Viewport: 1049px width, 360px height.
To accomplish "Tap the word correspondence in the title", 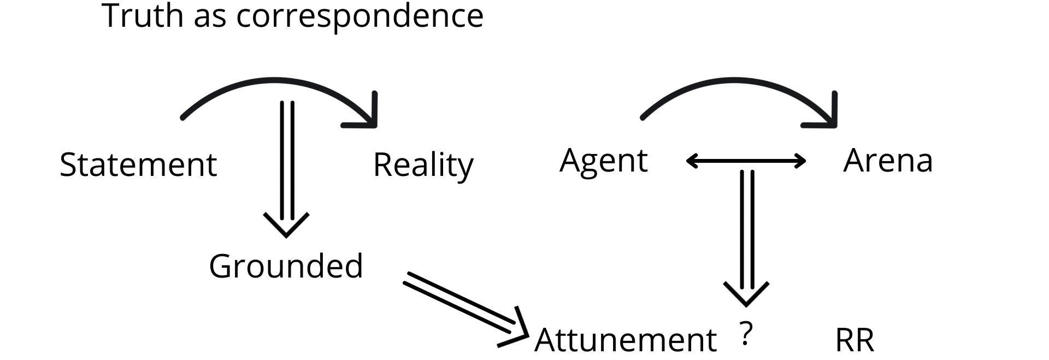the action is pyautogui.click(x=360, y=17).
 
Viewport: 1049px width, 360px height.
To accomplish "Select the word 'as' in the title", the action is pyautogui.click(x=210, y=19).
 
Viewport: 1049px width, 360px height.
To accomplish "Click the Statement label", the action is pyautogui.click(x=138, y=164).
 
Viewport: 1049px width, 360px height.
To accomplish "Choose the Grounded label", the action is pyautogui.click(x=286, y=266).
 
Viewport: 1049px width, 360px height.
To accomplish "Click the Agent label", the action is pyautogui.click(x=604, y=162).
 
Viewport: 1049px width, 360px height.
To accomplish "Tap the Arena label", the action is pyautogui.click(x=888, y=161).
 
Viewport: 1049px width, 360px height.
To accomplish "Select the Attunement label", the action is pyautogui.click(x=625, y=340).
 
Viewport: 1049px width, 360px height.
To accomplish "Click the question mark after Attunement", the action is pyautogui.click(x=746, y=334).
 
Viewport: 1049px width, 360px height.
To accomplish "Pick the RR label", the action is pyautogui.click(x=854, y=340).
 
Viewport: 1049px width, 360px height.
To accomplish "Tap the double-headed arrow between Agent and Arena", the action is pyautogui.click(x=746, y=161).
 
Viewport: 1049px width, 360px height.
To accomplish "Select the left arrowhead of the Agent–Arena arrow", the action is pyautogui.click(x=692, y=161).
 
